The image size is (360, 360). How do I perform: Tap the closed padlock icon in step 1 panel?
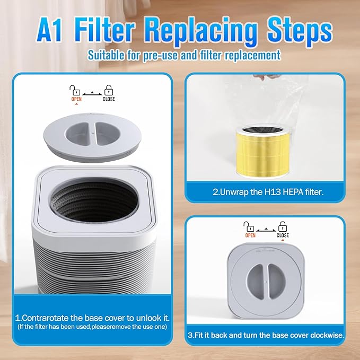[x=108, y=90]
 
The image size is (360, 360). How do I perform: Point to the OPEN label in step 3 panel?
[x=250, y=235]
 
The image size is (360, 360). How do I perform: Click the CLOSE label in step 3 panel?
[x=283, y=235]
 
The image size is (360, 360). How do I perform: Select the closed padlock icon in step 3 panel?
[x=283, y=226]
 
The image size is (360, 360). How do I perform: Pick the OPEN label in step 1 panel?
[x=76, y=99]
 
